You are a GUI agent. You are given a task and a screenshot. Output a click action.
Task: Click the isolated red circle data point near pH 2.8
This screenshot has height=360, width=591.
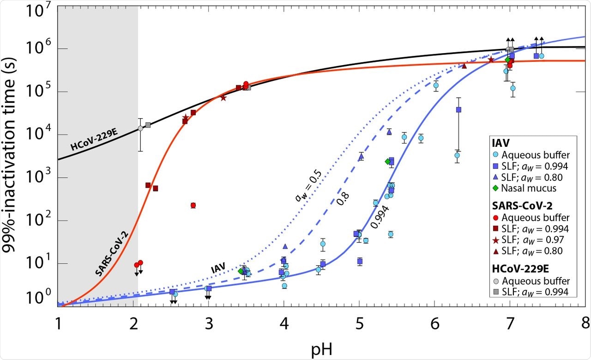coord(193,205)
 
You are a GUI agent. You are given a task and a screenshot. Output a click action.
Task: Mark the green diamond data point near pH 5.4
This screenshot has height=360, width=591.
coord(387,162)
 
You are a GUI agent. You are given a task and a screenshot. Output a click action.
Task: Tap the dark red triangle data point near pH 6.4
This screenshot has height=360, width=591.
coord(464,66)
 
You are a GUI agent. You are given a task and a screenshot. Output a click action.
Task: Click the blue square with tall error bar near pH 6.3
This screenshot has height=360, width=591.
coord(458,110)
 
